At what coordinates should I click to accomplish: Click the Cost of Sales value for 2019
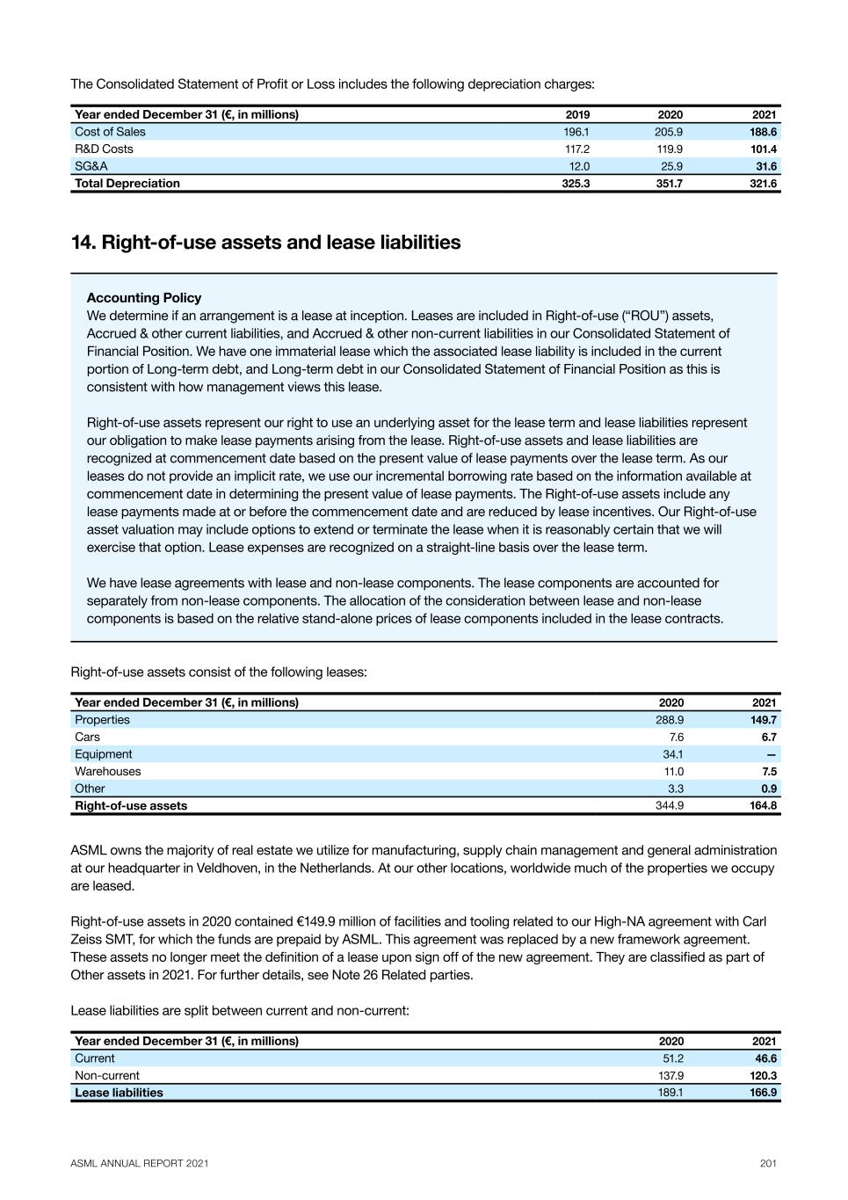pyautogui.click(x=576, y=132)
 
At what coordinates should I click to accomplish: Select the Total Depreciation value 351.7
pyautogui.click(x=669, y=184)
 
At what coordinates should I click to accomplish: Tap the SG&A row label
pyautogui.click(x=91, y=166)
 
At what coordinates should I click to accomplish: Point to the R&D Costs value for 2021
pyautogui.click(x=764, y=149)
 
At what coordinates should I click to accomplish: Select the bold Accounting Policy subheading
pyautogui.click(x=144, y=298)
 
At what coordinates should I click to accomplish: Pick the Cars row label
pyautogui.click(x=87, y=737)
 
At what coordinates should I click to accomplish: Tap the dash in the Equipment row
pyautogui.click(x=771, y=754)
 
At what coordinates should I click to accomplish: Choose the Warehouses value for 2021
pyautogui.click(x=769, y=771)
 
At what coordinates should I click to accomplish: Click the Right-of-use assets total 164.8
pyautogui.click(x=763, y=805)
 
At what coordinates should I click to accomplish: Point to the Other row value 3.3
pyautogui.click(x=675, y=789)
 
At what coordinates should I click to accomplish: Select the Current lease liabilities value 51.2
pyautogui.click(x=672, y=1058)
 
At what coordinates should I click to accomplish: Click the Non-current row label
pyautogui.click(x=107, y=1075)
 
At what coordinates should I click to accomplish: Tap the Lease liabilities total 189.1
pyautogui.click(x=670, y=1093)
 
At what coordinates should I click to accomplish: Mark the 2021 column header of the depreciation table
pyautogui.click(x=764, y=114)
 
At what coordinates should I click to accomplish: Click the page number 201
pyautogui.click(x=768, y=1163)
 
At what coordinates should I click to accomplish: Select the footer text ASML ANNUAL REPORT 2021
pyautogui.click(x=140, y=1163)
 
